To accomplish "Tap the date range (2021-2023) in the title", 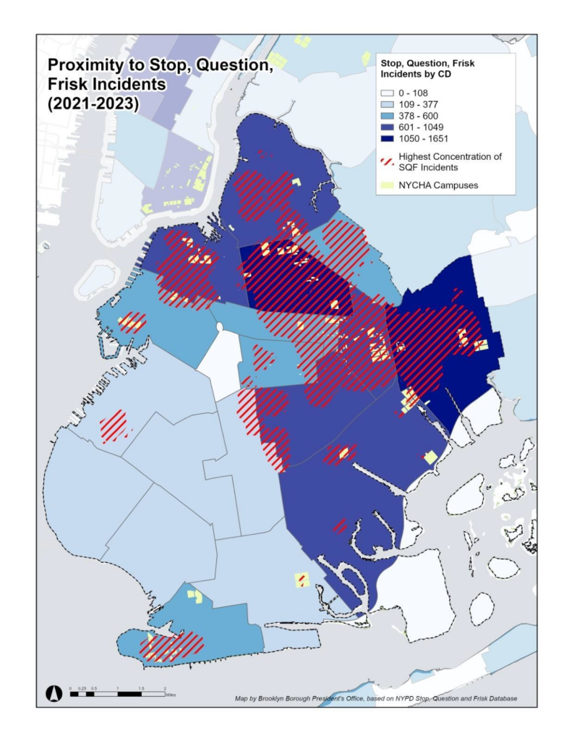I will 93,103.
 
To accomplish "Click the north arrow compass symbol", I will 53,693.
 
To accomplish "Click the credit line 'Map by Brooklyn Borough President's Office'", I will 375,698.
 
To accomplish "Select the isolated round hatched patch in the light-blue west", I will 114,426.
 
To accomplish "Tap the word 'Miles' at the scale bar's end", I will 171,694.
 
